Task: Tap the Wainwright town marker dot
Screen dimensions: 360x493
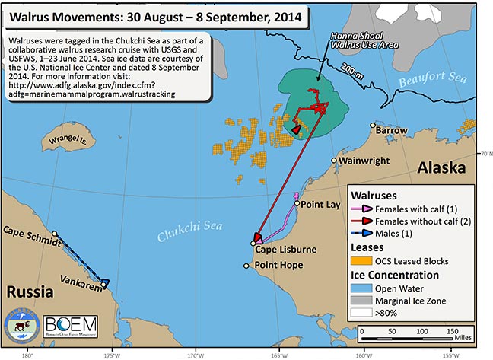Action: pos(334,161)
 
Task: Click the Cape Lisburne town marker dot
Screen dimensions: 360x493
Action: pos(253,244)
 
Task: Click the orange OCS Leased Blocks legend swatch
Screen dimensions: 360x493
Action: pos(361,261)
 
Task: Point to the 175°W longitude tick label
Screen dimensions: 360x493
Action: pos(111,354)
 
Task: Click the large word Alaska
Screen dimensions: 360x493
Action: pos(441,168)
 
